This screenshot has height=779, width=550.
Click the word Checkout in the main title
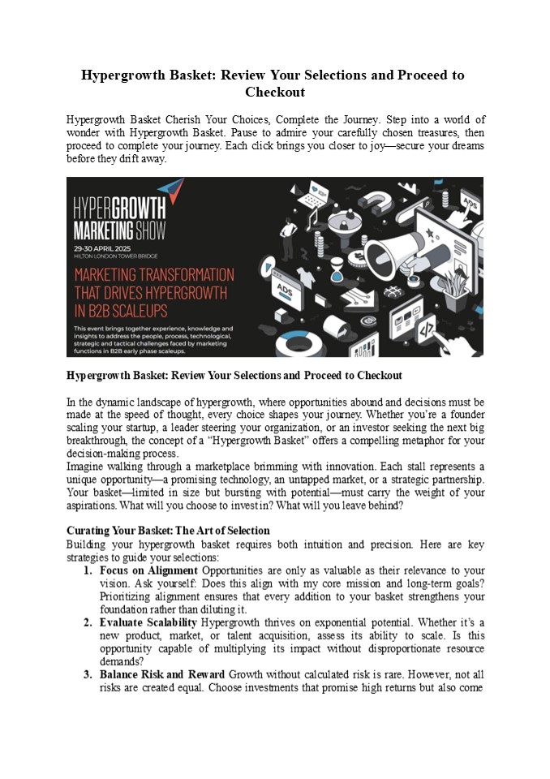[x=274, y=93]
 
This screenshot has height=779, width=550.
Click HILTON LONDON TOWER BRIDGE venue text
[x=117, y=254]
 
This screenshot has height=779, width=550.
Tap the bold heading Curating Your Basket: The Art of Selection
[x=168, y=531]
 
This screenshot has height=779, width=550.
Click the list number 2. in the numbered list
[x=88, y=622]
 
